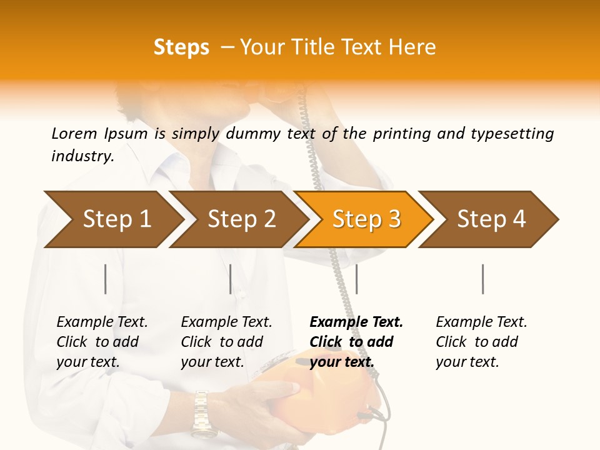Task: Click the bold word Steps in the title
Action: (x=181, y=47)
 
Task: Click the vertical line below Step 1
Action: (x=106, y=279)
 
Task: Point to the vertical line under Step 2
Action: (x=231, y=279)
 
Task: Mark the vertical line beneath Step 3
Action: (x=356, y=279)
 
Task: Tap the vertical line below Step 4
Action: (x=482, y=279)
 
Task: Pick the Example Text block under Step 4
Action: (x=481, y=342)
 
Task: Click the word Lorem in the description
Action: (x=74, y=134)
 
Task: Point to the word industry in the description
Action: (x=82, y=156)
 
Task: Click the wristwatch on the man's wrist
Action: (x=201, y=412)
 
